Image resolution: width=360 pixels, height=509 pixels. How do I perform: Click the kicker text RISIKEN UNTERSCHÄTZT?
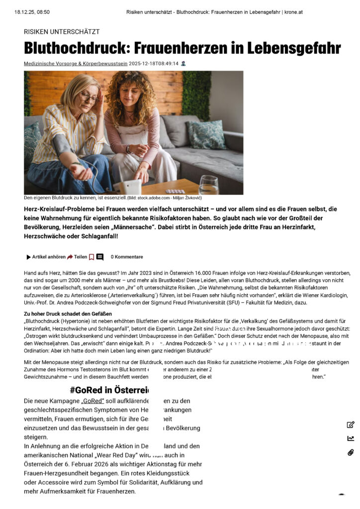pos(62,31)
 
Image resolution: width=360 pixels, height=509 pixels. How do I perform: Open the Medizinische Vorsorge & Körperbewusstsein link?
pos(76,64)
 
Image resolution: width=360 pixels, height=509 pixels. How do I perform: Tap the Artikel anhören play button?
pos(29,257)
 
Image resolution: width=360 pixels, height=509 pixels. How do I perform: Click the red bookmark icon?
pos(91,257)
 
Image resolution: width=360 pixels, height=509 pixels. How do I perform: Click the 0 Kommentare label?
pos(127,257)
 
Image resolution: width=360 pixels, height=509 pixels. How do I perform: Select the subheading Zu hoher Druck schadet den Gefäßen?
pos(68,314)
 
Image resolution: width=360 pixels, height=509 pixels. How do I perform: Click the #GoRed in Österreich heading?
pos(109,389)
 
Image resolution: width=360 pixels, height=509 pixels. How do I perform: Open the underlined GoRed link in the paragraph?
pos(90,401)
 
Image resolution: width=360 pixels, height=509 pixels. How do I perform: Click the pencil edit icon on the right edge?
pos(351,424)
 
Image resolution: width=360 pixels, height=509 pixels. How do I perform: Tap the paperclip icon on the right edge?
pos(351,452)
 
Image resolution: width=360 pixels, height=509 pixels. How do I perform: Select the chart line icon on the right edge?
pos(351,438)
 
